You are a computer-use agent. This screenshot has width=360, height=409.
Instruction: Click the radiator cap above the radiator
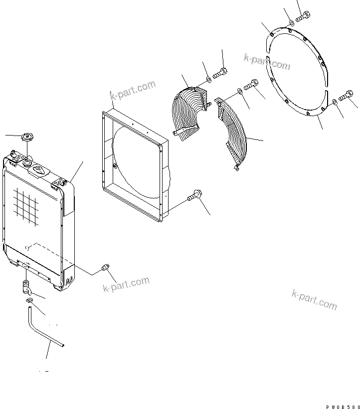click(26, 137)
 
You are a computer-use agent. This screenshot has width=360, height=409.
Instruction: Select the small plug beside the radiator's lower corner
click(105, 268)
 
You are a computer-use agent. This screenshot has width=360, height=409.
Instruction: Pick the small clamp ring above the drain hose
click(28, 301)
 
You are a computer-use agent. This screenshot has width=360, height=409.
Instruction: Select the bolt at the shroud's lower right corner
click(194, 198)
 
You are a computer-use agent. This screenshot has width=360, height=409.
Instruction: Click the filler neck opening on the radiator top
click(26, 161)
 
